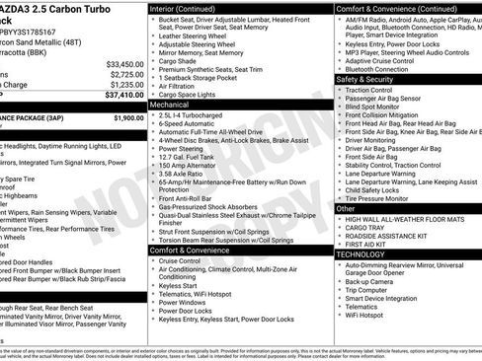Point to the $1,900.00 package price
pyautogui.click(x=127, y=117)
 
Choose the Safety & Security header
pyautogui.click(x=364, y=79)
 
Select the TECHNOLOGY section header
pyautogui.click(x=360, y=254)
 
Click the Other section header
pyautogui.click(x=345, y=208)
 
